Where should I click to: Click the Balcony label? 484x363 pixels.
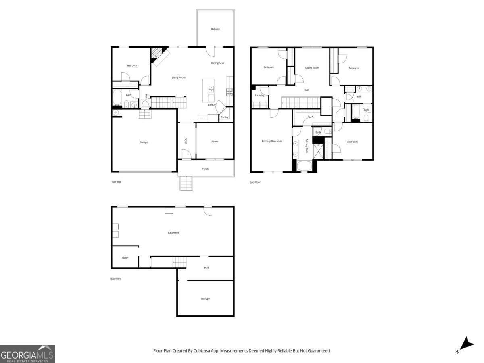click(x=215, y=29)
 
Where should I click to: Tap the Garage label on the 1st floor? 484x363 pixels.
click(x=144, y=142)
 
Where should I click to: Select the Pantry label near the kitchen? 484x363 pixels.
click(x=225, y=117)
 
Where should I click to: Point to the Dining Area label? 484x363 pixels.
click(x=218, y=63)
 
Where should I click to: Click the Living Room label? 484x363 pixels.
click(x=179, y=77)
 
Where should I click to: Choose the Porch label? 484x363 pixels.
click(x=205, y=169)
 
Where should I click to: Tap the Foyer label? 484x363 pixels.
click(x=186, y=141)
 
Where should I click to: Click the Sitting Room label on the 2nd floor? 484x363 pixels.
click(x=312, y=68)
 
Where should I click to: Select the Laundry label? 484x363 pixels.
click(x=259, y=95)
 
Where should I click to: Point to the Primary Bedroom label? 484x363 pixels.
click(x=271, y=141)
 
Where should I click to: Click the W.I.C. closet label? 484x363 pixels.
click(x=311, y=117)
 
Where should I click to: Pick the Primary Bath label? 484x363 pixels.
click(x=307, y=146)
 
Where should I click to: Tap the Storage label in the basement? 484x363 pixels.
click(x=205, y=299)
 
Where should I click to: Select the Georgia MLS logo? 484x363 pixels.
click(x=27, y=354)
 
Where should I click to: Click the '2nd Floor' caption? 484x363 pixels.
click(x=255, y=182)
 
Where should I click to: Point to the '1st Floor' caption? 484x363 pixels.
click(x=116, y=182)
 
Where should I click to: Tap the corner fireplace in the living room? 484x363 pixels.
click(x=158, y=55)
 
